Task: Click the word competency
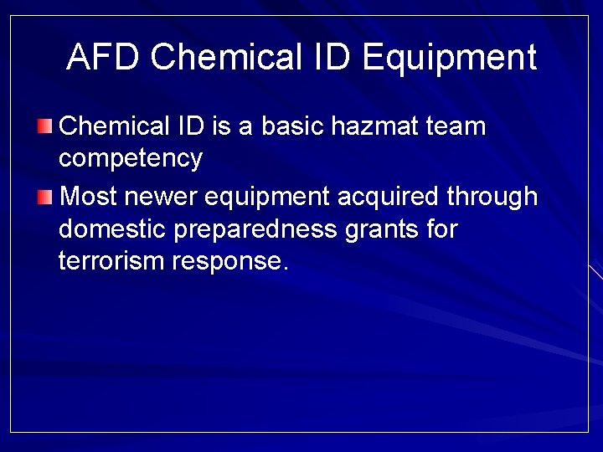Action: pos(131,159)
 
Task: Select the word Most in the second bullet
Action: pos(90,197)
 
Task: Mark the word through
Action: pos(492,198)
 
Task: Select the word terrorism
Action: pos(111,261)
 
